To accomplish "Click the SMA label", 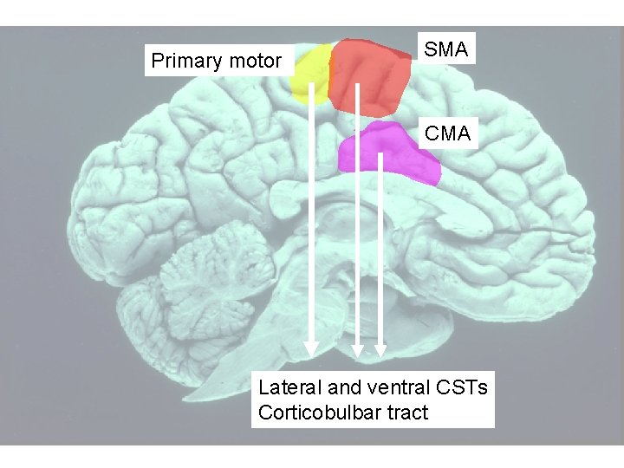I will [x=446, y=50].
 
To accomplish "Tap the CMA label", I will [x=448, y=133].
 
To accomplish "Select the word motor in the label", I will [x=254, y=62].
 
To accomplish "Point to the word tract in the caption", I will [x=406, y=413].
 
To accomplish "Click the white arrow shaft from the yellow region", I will [x=310, y=217].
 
